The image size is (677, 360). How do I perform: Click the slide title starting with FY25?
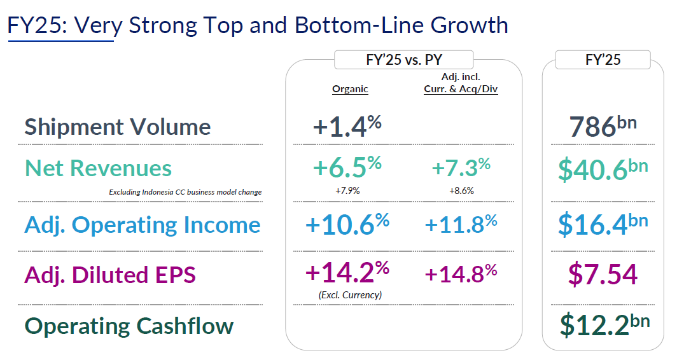coord(258,25)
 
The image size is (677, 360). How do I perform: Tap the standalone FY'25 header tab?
coord(603,60)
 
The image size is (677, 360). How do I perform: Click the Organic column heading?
coord(350,89)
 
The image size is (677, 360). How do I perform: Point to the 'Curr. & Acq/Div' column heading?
coord(461,90)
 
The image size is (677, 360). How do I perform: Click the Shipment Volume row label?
coord(118,127)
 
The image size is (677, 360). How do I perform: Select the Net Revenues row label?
coord(98,168)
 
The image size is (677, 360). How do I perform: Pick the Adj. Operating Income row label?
coord(143,225)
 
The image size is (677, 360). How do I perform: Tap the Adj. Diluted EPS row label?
coord(110,275)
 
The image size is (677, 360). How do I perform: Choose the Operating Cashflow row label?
coord(129,326)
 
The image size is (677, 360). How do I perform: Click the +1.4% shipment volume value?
coord(347,126)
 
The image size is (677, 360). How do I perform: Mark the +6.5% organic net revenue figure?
coord(347,168)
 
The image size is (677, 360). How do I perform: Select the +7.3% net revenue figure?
coord(461,168)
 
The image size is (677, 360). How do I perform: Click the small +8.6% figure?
coord(461,190)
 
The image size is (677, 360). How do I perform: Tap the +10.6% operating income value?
coord(347,225)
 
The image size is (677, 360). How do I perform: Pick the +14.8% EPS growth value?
coord(461,273)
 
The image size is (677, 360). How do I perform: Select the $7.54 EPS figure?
coord(603,274)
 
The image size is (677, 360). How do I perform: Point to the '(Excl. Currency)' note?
coord(349,294)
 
